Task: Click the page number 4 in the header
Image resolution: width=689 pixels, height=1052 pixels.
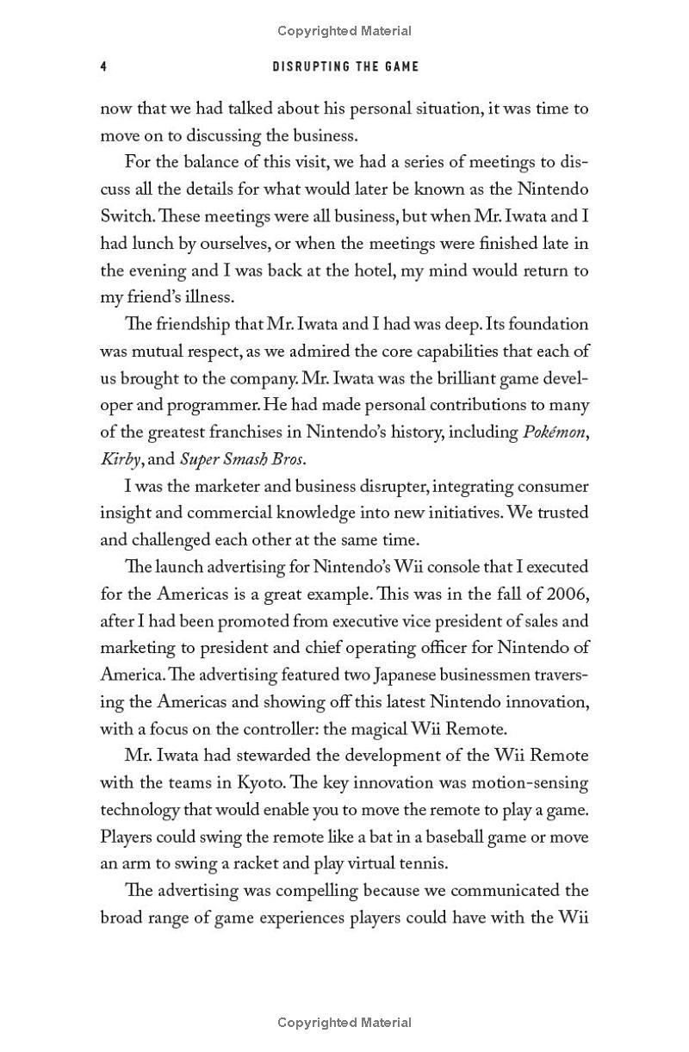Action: (103, 66)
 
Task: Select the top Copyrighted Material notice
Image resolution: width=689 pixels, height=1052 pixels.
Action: (344, 31)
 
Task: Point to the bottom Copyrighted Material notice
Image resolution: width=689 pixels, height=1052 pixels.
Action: (344, 1023)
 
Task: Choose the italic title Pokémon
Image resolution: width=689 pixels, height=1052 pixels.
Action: (556, 432)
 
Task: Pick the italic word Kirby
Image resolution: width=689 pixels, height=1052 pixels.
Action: (120, 459)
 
